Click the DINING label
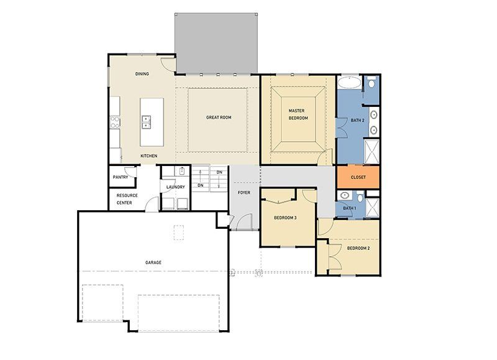[142, 74]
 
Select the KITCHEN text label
[148, 155]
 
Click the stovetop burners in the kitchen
[114, 121]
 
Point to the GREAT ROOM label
[219, 117]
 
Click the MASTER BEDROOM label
[298, 114]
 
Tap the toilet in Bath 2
[370, 83]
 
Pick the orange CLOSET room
[358, 177]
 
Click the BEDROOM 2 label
[358, 248]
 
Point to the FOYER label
[244, 193]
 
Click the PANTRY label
[120, 177]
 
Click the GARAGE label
[153, 262]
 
